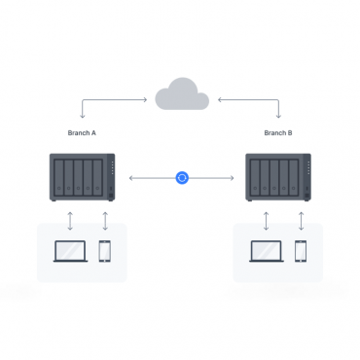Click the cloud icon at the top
[180, 95]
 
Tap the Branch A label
[81, 132]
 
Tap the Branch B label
[279, 132]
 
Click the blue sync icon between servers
[181, 177]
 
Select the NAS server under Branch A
[82, 176]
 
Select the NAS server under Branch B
[279, 176]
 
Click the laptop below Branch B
[266, 250]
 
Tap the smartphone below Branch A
[104, 250]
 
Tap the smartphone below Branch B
[301, 250]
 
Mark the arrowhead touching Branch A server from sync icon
[130, 177]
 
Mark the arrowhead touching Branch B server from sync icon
[232, 177]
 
